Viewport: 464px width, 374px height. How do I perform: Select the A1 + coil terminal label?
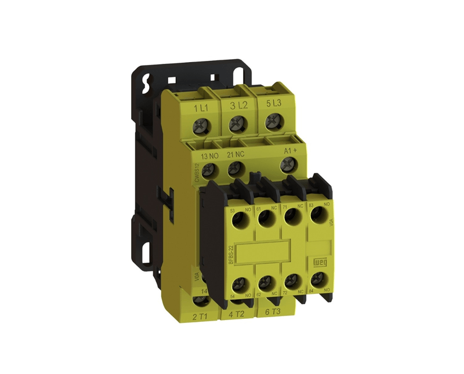point(290,151)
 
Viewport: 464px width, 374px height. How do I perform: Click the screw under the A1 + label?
point(287,166)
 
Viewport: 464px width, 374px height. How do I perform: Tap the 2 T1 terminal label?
point(201,316)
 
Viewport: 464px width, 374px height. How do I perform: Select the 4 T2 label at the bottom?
point(236,314)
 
